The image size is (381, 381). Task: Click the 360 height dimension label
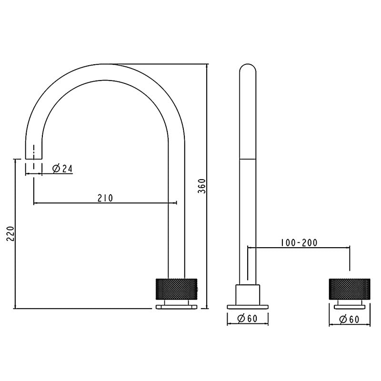click(x=202, y=186)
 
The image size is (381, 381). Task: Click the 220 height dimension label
click(x=10, y=233)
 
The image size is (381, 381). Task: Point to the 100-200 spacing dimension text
click(x=299, y=242)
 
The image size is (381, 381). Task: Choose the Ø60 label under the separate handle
click(x=350, y=320)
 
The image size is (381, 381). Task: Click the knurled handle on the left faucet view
click(x=176, y=288)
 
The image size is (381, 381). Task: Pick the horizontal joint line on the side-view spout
click(x=247, y=160)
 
